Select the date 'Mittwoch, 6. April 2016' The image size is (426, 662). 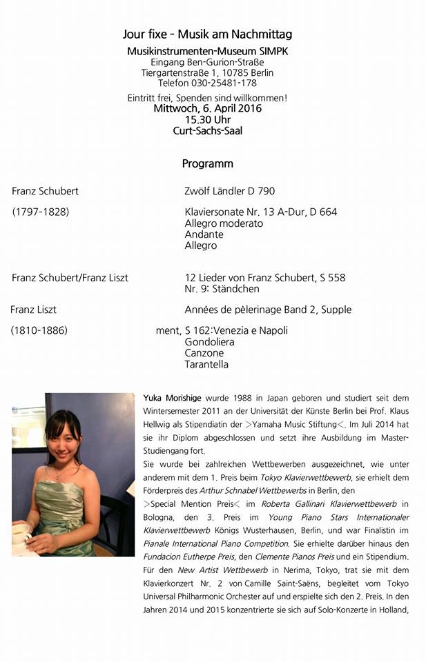pos(208,108)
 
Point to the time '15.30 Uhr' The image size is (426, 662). pos(207,119)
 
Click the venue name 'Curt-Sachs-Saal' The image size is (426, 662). pos(207,130)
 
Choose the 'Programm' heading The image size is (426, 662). pos(207,164)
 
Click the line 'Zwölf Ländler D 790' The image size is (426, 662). pos(229,191)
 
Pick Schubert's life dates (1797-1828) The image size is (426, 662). pos(41,212)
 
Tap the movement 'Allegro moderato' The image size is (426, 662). pos(224,223)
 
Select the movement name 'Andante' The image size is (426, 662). pos(204,234)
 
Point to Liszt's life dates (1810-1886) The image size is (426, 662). pos(39,330)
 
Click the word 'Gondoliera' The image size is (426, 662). pos(209,342)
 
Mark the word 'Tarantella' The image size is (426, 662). pos(206,364)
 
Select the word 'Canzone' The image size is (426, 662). pos(204,353)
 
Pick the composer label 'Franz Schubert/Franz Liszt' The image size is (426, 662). pos(70,278)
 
